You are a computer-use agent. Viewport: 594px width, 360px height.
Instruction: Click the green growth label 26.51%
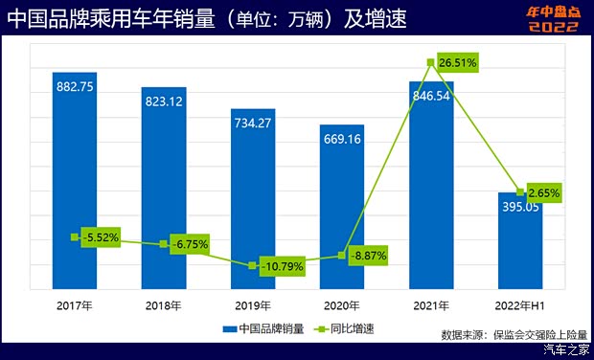(457, 62)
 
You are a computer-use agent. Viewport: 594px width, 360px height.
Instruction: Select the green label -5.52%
(99, 236)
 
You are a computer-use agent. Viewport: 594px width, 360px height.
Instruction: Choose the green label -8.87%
(367, 256)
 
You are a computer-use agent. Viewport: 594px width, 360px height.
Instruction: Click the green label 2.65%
(541, 192)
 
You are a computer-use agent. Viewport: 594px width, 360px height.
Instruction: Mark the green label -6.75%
(189, 244)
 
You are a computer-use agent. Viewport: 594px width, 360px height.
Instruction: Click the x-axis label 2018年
(164, 306)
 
